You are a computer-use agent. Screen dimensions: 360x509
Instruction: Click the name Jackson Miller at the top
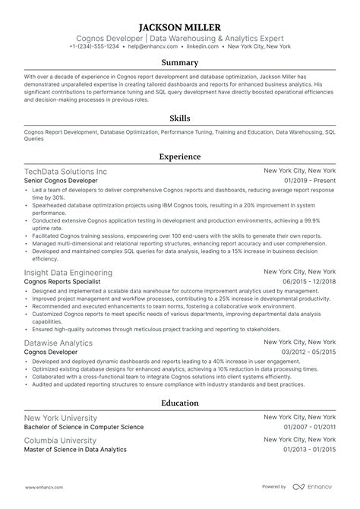tap(180, 24)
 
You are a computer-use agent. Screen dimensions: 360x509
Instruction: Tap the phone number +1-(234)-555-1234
tap(97, 46)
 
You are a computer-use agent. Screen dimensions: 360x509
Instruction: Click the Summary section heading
tap(180, 63)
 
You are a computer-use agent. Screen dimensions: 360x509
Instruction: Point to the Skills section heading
tap(180, 119)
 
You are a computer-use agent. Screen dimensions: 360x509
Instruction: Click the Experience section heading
tap(180, 156)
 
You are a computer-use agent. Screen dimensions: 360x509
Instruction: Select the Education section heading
tap(180, 403)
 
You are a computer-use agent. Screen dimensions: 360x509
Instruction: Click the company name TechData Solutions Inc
tap(66, 172)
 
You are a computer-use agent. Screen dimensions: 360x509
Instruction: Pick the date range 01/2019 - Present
tap(310, 182)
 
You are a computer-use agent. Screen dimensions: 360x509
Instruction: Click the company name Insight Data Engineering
tap(68, 272)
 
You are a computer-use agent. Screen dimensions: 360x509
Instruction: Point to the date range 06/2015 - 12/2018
tap(309, 282)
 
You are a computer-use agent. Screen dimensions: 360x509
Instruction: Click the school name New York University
tap(61, 419)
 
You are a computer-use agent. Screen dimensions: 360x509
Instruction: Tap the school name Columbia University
tap(61, 440)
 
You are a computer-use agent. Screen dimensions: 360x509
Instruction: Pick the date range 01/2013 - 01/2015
tap(309, 450)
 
